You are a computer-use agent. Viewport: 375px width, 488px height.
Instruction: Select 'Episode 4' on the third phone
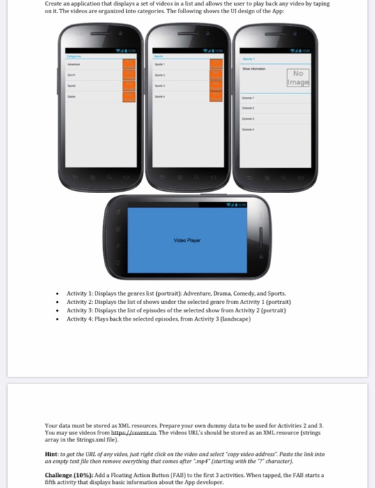click(x=249, y=129)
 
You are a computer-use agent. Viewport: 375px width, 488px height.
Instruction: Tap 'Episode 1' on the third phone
click(x=249, y=98)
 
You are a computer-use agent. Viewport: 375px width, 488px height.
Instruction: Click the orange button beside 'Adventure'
click(x=128, y=64)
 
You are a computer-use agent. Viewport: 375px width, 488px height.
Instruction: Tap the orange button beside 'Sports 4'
click(x=216, y=96)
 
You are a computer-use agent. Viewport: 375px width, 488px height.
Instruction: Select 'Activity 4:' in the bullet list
click(x=82, y=319)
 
